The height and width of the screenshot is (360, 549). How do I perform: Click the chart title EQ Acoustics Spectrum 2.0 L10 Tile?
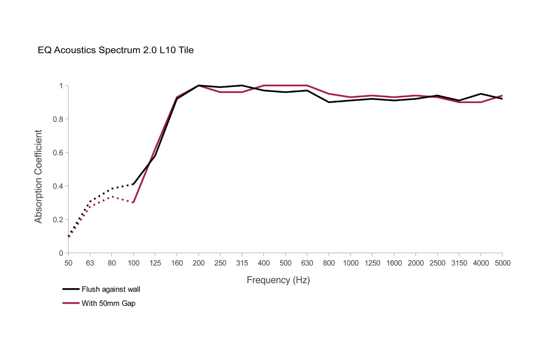click(116, 50)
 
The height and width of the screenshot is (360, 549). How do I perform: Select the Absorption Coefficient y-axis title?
click(38, 176)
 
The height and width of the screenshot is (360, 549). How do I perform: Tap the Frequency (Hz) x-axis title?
click(278, 280)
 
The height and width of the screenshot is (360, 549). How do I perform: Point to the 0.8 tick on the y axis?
click(58, 119)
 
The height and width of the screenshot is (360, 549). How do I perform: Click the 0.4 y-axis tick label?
click(58, 186)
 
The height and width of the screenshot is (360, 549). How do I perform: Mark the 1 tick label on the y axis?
click(61, 86)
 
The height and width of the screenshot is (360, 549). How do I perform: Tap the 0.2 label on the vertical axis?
click(58, 220)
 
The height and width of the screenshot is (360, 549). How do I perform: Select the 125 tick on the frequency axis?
click(155, 263)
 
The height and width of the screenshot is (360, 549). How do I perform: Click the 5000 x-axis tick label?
click(502, 263)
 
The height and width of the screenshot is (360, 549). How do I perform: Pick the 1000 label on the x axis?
click(350, 263)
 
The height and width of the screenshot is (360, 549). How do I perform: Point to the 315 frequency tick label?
click(242, 263)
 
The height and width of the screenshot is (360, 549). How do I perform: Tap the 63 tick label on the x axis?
click(90, 263)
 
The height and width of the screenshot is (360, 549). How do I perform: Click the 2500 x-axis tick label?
click(437, 263)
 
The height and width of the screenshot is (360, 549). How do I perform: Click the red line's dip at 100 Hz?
click(133, 203)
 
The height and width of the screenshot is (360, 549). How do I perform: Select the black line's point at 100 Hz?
click(133, 184)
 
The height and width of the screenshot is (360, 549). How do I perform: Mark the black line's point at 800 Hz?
click(329, 102)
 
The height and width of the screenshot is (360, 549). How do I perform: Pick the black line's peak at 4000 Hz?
click(481, 94)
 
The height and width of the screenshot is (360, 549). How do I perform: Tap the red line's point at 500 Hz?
click(285, 86)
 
